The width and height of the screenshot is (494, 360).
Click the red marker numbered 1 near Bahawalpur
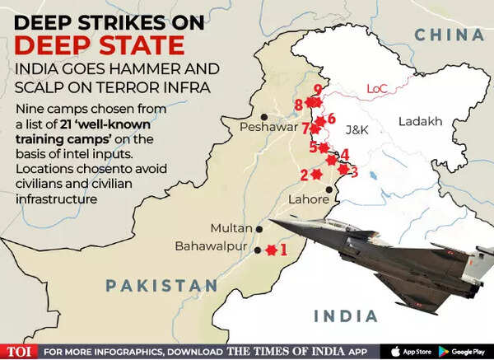(268, 249)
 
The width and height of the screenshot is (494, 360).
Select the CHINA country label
(448, 34)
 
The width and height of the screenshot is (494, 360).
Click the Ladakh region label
(421, 122)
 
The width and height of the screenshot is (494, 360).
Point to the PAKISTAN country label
(161, 286)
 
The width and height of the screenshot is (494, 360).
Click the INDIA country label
(345, 316)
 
